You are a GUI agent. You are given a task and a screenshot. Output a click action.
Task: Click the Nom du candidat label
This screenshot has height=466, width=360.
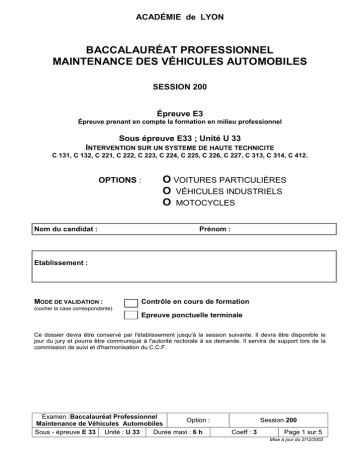pyautogui.click(x=66, y=228)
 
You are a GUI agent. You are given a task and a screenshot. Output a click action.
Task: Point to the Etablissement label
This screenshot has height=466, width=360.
pyautogui.click(x=61, y=262)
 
